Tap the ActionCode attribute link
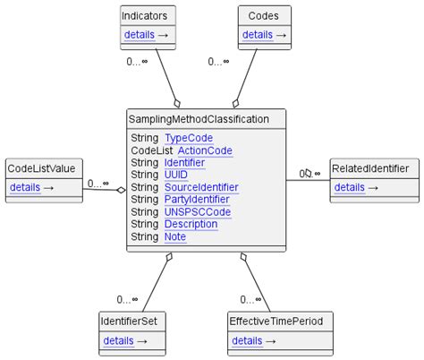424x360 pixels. point(205,150)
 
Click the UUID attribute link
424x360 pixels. point(176,176)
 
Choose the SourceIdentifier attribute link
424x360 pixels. point(201,188)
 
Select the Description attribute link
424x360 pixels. point(191,225)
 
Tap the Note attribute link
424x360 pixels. point(175,237)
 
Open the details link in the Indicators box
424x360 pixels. point(139,35)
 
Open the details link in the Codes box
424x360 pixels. point(258,35)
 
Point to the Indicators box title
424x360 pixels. point(148,15)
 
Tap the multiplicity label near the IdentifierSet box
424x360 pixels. point(127,299)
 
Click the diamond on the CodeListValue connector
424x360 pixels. point(120,189)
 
